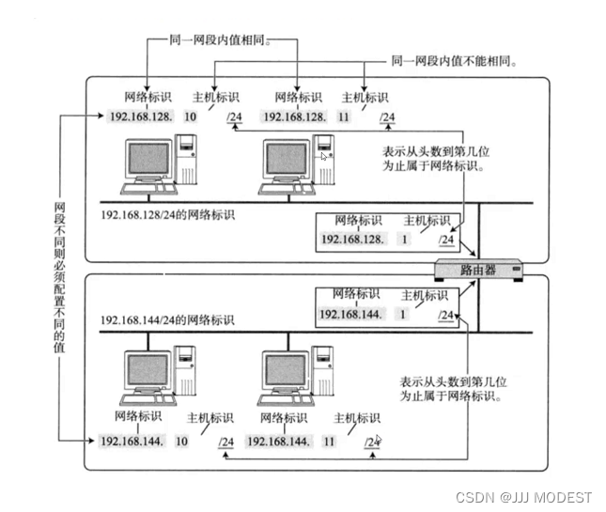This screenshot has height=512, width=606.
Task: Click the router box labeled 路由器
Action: tap(477, 270)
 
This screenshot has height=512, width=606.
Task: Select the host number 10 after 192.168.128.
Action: tap(191, 116)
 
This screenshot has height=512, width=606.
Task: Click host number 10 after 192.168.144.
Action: tap(182, 440)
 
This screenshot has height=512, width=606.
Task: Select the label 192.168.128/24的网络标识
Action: tap(167, 214)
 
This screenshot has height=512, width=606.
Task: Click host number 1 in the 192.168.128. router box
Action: tap(406, 240)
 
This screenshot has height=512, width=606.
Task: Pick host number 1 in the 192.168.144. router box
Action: tap(403, 314)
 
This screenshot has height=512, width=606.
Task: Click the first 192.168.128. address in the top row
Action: tap(141, 116)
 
